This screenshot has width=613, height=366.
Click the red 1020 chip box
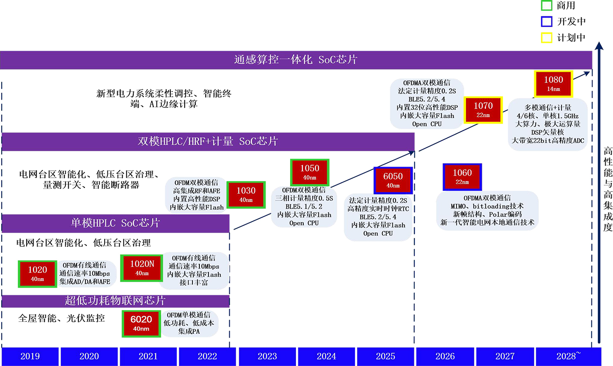click(38, 274)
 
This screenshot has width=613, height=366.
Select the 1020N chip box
click(142, 268)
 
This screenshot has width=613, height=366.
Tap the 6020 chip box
click(141, 324)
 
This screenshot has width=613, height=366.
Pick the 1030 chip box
click(246, 194)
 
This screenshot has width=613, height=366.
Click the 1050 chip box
click(309, 172)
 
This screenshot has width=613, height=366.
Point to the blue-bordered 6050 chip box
click(393, 180)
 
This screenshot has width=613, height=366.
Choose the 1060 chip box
click(462, 177)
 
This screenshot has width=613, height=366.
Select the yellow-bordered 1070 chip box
click(483, 110)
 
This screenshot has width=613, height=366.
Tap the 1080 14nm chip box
click(553, 84)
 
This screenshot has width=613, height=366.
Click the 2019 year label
click(30, 356)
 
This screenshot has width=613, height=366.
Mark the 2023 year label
click(267, 356)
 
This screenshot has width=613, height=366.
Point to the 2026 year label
click(445, 356)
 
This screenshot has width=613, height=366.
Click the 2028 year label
click(568, 356)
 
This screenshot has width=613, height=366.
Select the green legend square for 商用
click(546, 5)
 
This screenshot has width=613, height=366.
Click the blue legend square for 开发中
click(546, 21)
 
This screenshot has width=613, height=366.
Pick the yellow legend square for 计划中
click(546, 38)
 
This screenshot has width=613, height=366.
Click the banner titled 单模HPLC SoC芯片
click(115, 223)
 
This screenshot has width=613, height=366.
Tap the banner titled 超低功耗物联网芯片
click(115, 301)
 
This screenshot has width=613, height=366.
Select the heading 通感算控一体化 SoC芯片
click(296, 60)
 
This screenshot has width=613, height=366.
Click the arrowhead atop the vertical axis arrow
click(599, 45)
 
